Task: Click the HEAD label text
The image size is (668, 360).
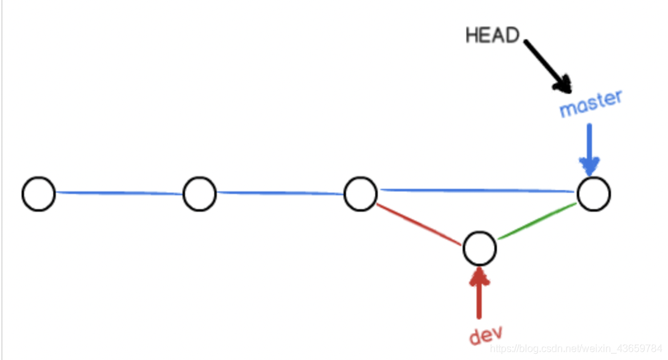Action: click(492, 35)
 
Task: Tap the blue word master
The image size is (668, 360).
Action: click(591, 103)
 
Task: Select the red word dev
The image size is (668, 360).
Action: click(485, 335)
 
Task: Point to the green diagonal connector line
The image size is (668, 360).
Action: click(537, 221)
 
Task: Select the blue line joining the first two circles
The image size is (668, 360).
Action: click(119, 193)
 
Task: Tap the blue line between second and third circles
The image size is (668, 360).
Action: click(280, 193)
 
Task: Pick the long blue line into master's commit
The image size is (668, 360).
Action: click(477, 190)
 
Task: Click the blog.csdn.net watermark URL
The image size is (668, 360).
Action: click(575, 349)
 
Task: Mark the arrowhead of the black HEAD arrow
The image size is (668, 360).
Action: click(563, 84)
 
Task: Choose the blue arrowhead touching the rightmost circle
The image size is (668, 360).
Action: click(589, 167)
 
